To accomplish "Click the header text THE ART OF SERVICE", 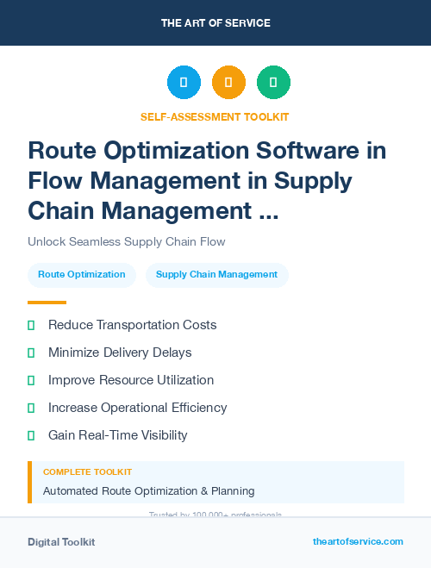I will (215, 23).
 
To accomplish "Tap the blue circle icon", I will (184, 83).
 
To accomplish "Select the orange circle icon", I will (228, 83).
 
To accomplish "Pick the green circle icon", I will (273, 83).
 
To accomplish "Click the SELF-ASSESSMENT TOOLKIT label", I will (215, 116).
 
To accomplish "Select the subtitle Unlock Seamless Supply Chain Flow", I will (127, 242).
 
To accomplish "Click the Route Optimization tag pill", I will (82, 275).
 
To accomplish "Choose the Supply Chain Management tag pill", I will (216, 275).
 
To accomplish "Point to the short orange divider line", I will (47, 303).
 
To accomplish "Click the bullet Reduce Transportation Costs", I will (132, 325).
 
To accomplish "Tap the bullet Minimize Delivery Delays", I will (120, 353).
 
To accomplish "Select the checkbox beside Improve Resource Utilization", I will (31, 380).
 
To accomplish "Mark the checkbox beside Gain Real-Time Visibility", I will (31, 435).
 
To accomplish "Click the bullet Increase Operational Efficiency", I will (137, 408).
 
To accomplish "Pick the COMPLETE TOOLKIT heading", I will (87, 472).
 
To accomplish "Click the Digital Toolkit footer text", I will (61, 542).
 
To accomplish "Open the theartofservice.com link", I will (358, 541).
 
